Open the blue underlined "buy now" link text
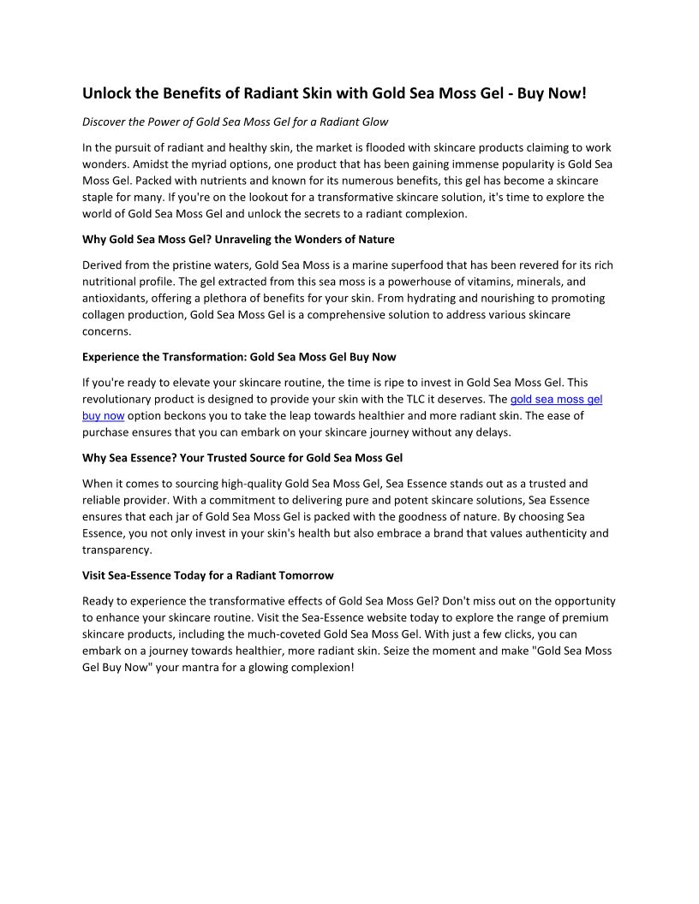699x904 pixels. (x=104, y=416)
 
